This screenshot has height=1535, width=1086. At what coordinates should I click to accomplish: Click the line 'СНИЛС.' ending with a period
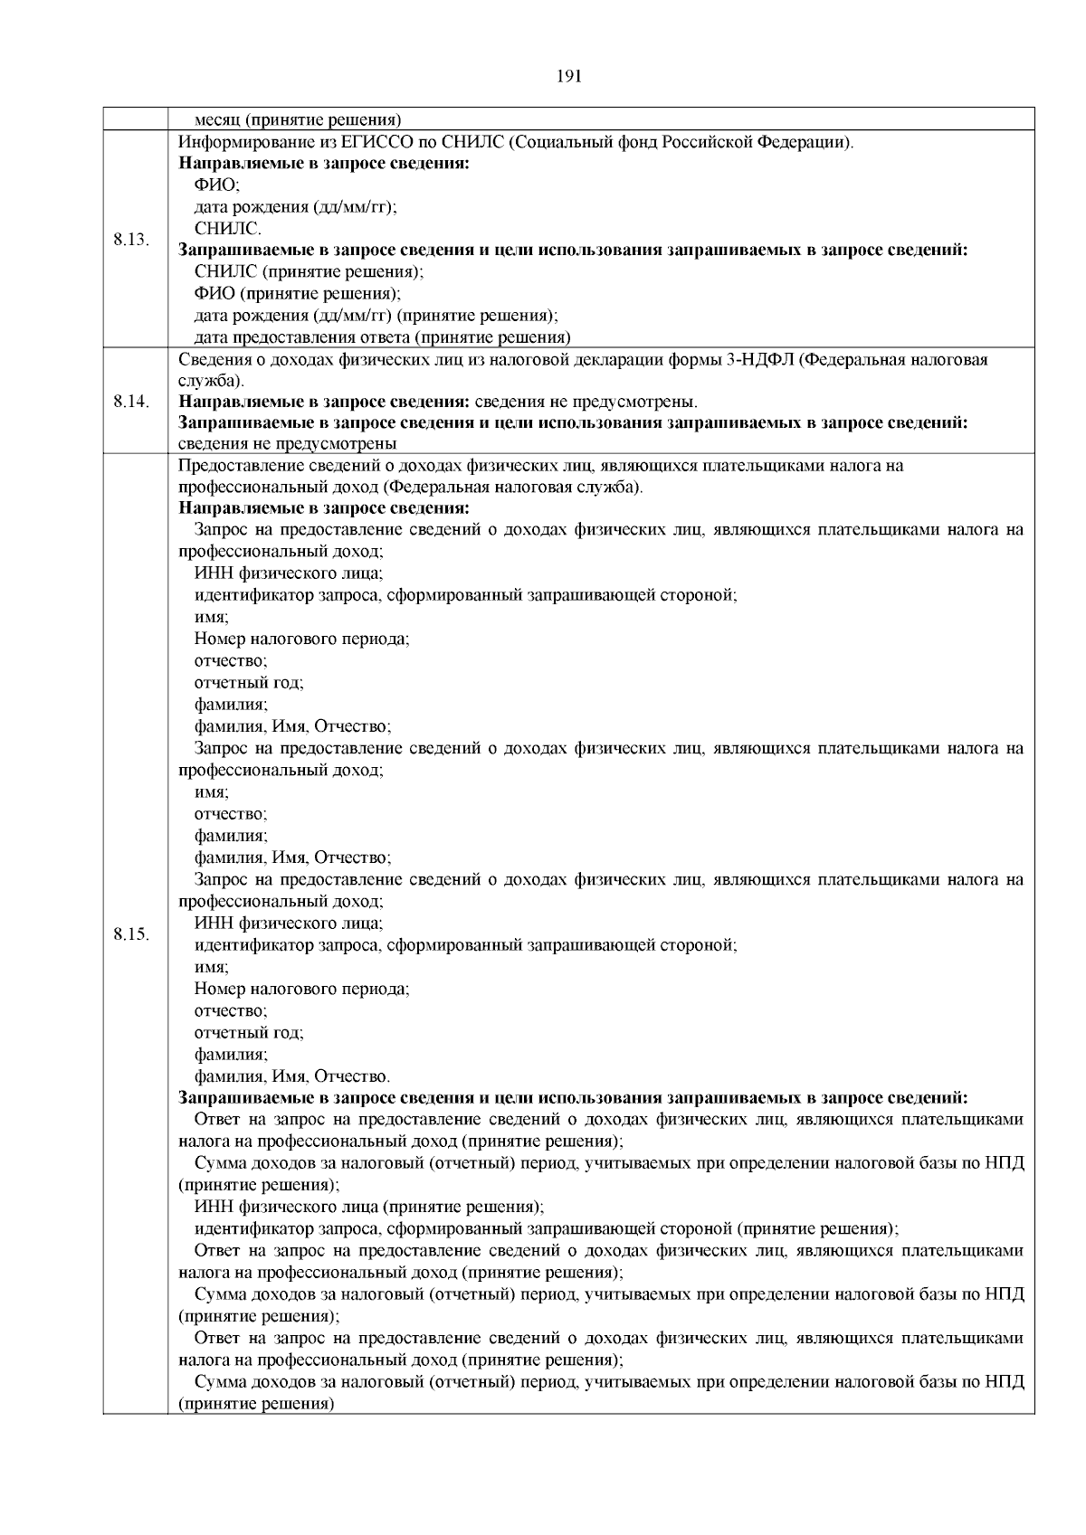(228, 229)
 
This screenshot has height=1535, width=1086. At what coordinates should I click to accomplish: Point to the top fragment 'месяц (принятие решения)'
(298, 119)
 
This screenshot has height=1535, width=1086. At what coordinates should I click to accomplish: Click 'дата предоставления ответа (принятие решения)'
(382, 337)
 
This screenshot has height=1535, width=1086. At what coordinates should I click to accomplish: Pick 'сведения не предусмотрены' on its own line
(288, 444)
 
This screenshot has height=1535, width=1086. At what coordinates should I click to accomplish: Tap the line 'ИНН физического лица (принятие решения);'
(369, 1207)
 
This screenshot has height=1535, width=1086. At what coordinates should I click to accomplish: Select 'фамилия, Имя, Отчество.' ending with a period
(292, 1076)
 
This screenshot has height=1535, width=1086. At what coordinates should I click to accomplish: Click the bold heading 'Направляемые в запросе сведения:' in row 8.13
(323, 164)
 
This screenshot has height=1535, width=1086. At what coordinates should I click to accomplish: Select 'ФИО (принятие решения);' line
(298, 294)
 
